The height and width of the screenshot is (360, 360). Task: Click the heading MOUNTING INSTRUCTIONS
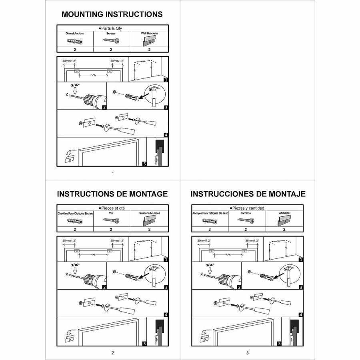coord(112,14)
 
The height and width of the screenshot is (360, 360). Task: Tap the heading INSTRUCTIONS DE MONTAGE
coord(112,194)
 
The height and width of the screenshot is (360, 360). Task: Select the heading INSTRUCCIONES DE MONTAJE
coord(248,194)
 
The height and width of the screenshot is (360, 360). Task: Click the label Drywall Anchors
coord(75,34)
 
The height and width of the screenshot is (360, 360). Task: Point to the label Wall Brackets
coord(150,34)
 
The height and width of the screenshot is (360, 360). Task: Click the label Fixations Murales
coord(149,214)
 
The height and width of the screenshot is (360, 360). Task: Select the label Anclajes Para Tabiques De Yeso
coord(210,214)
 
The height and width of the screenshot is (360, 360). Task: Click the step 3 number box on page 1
coord(166,107)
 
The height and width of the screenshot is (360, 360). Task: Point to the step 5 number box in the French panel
coord(144,343)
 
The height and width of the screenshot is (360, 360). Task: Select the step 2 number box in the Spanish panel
coord(239,287)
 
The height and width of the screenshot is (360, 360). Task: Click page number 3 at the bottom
coord(248,353)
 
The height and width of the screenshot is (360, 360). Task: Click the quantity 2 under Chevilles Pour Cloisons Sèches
coord(75,229)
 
